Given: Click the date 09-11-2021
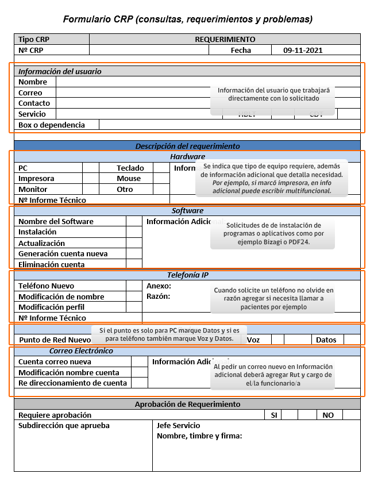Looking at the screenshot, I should click(x=303, y=50).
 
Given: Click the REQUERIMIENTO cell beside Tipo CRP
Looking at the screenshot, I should click(x=225, y=39).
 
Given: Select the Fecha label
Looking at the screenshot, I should click(x=241, y=50).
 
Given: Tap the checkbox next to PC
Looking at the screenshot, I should click(x=91, y=168).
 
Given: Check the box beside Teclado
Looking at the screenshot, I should click(x=161, y=168).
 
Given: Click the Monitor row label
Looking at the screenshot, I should click(x=33, y=189).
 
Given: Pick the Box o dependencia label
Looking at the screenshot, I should click(x=51, y=125).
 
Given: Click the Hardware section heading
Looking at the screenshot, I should click(x=187, y=156).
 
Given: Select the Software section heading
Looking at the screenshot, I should click(x=187, y=210).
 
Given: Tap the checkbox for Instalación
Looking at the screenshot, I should click(x=134, y=232).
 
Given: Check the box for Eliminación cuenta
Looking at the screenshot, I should click(x=134, y=264).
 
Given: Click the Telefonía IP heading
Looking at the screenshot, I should click(x=187, y=275).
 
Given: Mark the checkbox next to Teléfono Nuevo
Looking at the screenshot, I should click(x=134, y=286).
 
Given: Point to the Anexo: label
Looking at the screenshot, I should click(x=159, y=286).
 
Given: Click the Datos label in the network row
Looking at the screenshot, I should click(x=326, y=340).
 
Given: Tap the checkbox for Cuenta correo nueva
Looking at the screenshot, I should click(x=139, y=362).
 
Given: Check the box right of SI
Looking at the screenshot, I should click(x=290, y=415).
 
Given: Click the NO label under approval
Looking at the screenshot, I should click(x=328, y=415).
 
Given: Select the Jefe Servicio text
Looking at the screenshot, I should click(x=178, y=426).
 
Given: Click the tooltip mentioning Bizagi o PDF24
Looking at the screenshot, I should click(x=272, y=234).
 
